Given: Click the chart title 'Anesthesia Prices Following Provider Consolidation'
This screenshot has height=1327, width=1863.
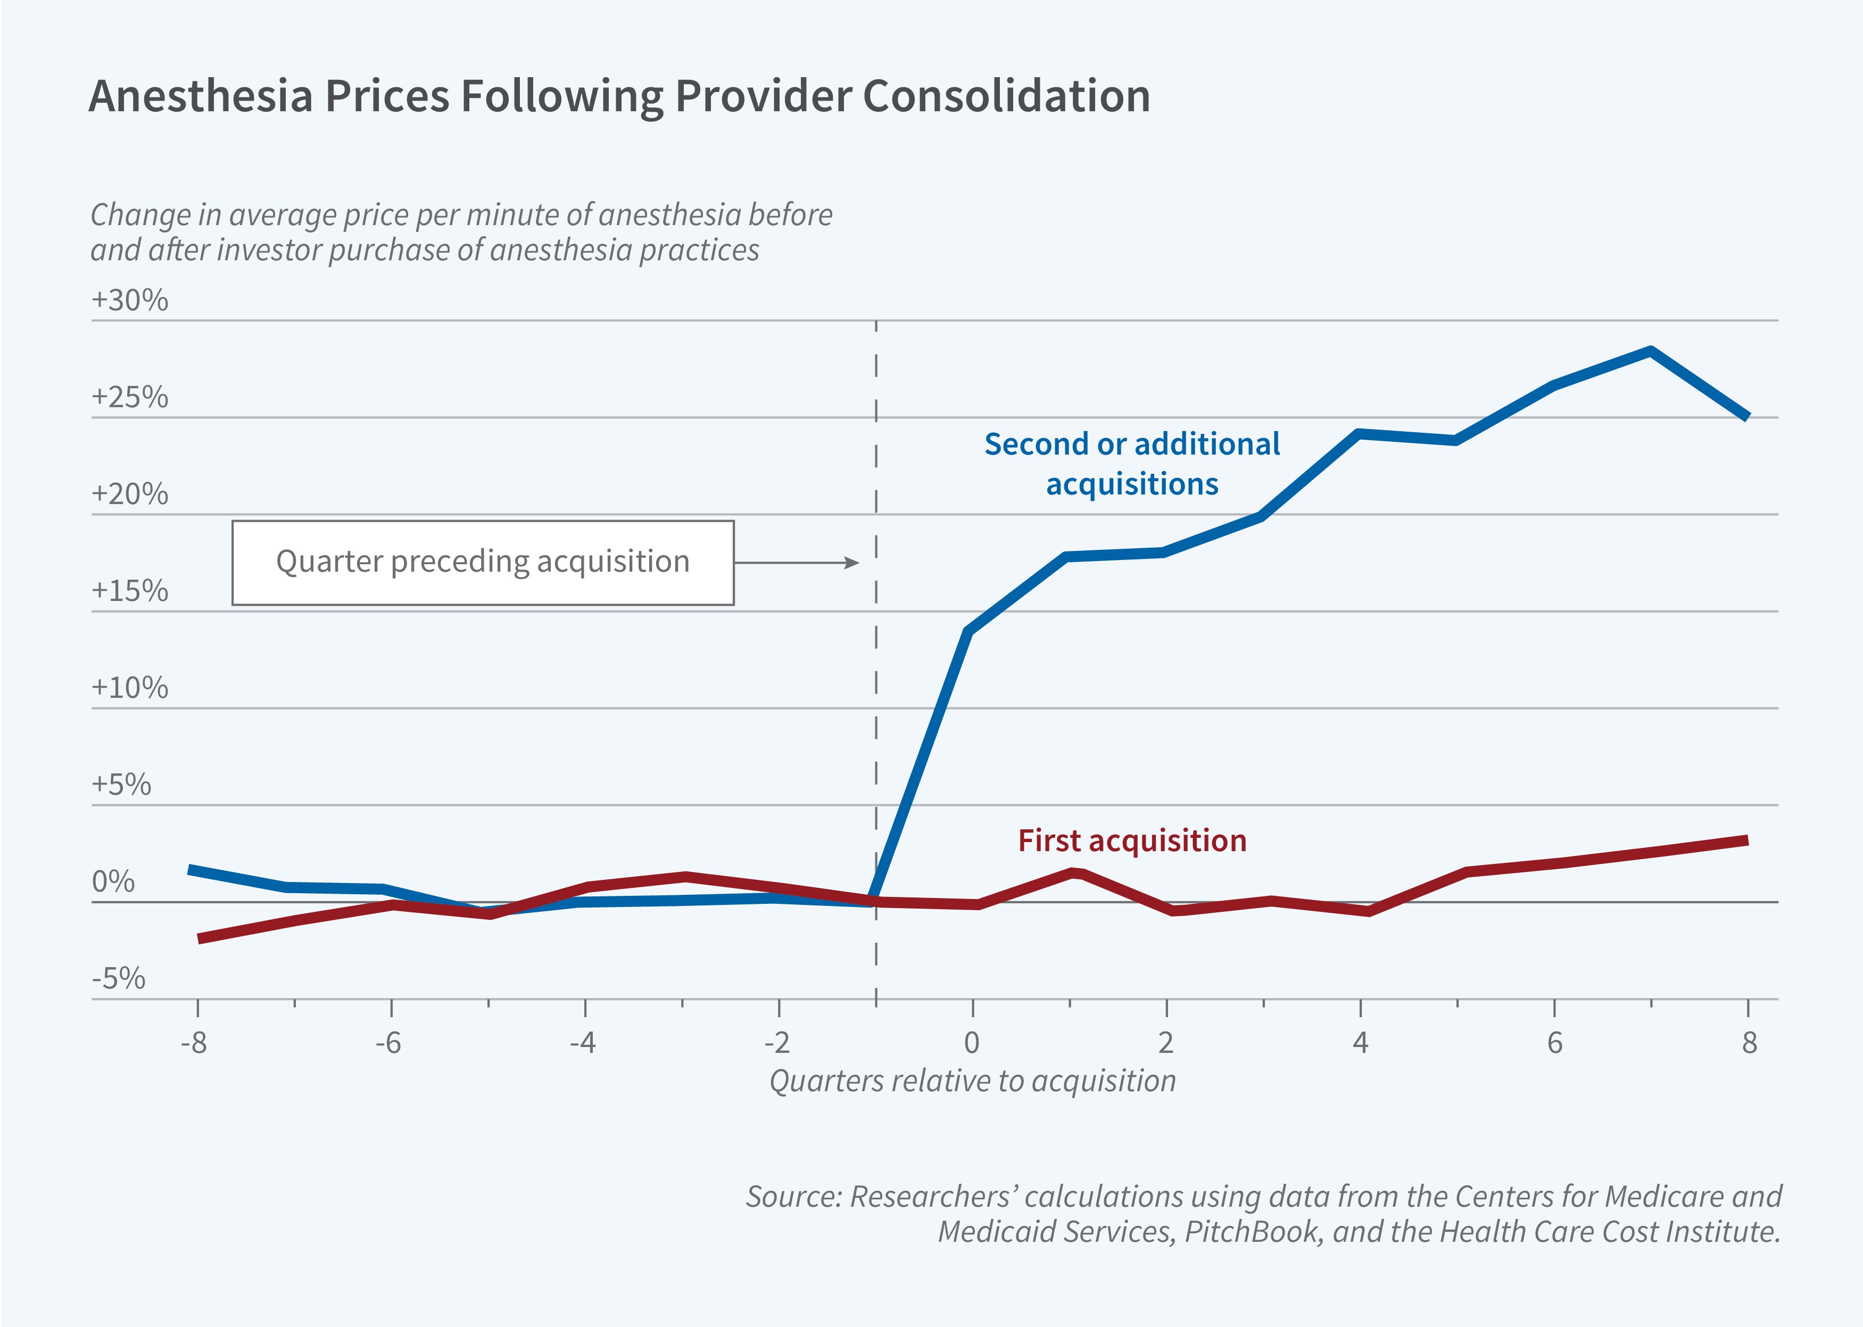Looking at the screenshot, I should [619, 96].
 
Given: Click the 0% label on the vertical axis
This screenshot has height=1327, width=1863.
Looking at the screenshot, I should [113, 881].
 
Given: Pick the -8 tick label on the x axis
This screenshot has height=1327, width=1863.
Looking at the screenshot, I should [194, 1043].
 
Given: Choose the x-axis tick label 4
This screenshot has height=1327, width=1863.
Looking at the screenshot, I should [1360, 1043].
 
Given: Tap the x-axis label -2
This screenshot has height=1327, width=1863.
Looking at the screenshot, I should [777, 1043].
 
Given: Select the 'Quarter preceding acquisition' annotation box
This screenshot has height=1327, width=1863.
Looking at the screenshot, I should [483, 562].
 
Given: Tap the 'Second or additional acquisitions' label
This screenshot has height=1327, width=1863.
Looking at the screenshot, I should [1132, 463].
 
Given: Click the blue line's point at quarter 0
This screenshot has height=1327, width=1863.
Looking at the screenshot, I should [968, 631].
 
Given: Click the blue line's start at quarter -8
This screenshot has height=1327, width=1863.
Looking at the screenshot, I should [191, 869].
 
